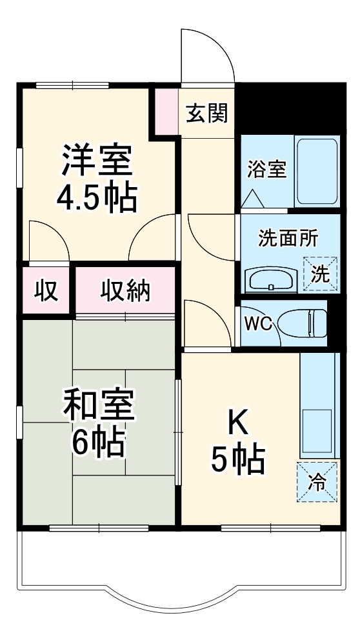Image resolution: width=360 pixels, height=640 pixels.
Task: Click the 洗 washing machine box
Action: [x=321, y=273]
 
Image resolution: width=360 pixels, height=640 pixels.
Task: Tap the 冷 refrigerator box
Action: [x=317, y=481]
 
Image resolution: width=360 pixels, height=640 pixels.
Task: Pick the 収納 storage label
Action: [x=125, y=292]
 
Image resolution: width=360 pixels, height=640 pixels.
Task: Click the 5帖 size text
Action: [x=238, y=459]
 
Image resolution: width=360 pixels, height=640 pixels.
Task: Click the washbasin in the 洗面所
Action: [x=271, y=280]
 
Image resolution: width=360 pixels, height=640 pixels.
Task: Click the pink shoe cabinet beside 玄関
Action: [x=165, y=110]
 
